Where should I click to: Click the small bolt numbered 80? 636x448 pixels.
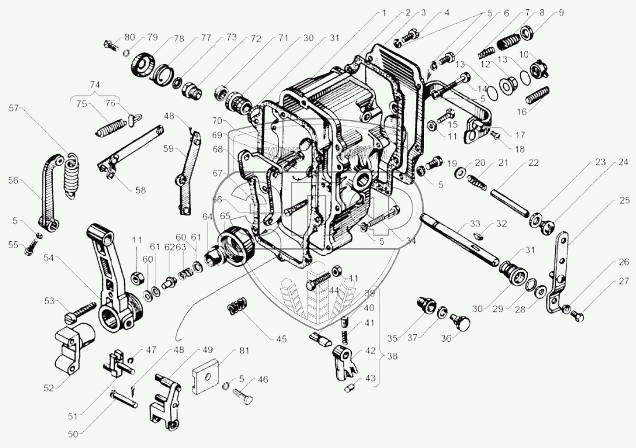[x=110, y=43]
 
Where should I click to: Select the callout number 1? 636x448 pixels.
[x=382, y=12]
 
